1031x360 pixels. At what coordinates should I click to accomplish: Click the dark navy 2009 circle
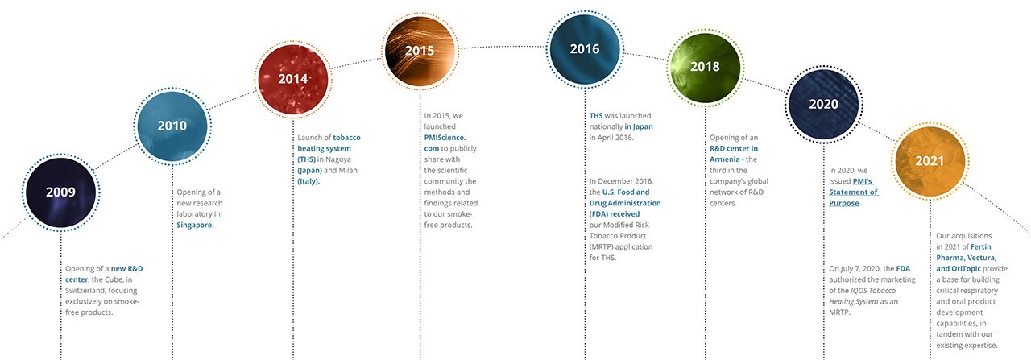coord(60,192)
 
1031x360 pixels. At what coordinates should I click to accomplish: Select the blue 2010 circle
coord(172,126)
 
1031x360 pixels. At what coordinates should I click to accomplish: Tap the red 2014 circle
coord(293,79)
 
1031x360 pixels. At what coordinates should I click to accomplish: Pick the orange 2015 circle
coord(420,51)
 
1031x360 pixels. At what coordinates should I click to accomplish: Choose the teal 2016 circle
coord(585,49)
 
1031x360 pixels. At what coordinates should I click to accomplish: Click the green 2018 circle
coord(705,67)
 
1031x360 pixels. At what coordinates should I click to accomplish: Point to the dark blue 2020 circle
coord(824,105)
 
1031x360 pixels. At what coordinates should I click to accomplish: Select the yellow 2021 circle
coord(930,161)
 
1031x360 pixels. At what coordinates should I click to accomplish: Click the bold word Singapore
coord(195,226)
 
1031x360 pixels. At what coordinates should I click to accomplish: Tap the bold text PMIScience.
coord(445,138)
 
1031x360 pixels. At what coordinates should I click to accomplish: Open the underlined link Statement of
coord(853,192)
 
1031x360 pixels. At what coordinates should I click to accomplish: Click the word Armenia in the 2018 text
coord(724,159)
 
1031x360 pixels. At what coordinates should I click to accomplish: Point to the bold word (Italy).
coord(308,181)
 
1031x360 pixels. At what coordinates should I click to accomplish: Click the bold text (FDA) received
coord(615,214)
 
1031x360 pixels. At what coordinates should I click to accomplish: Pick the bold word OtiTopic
coord(966,269)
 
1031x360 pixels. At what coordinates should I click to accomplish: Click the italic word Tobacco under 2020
coord(883,291)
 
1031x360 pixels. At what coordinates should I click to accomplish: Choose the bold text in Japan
coord(639,126)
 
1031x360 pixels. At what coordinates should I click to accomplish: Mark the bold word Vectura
coord(981,258)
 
